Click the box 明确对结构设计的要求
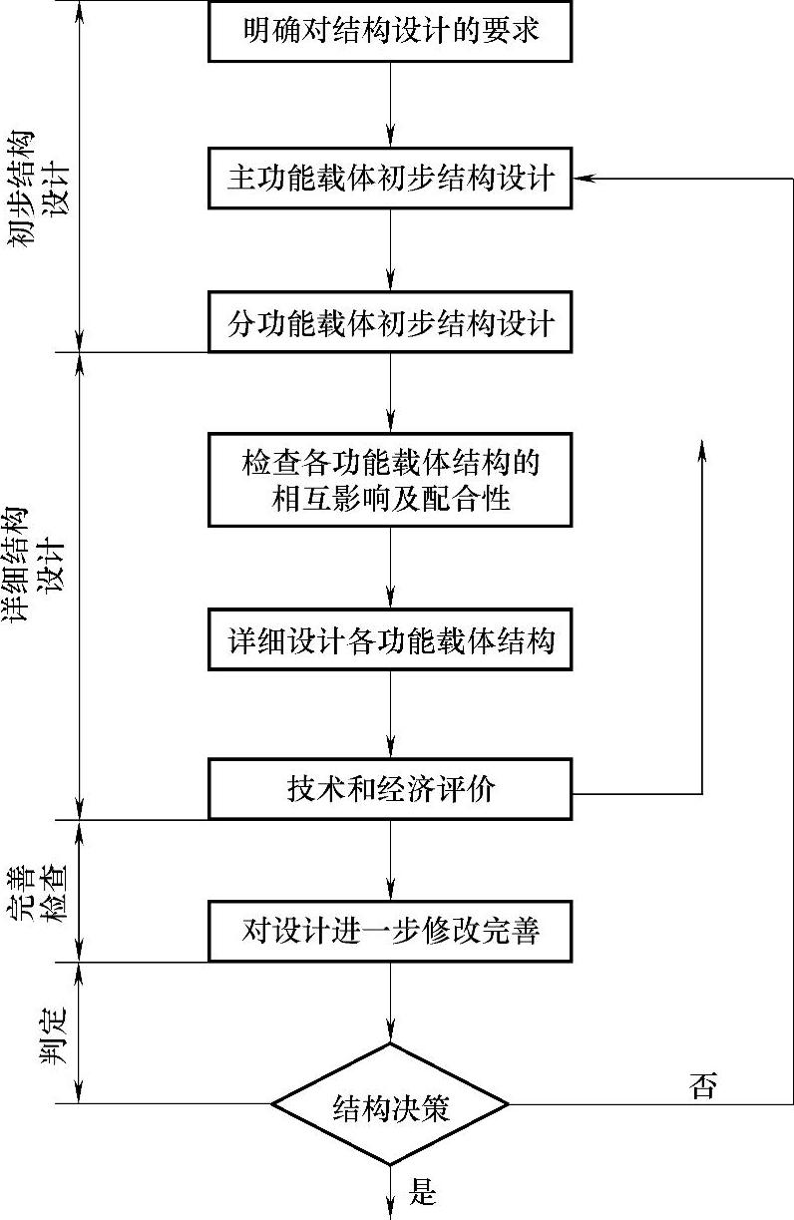[x=390, y=31]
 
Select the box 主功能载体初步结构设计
[x=390, y=179]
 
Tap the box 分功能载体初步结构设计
[x=390, y=322]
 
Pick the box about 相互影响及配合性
[x=390, y=480]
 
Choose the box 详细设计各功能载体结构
[x=390, y=639]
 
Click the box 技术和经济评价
[x=390, y=790]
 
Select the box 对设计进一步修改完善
[x=390, y=932]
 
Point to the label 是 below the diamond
[x=424, y=1190]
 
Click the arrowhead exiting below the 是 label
[x=390, y=1208]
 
